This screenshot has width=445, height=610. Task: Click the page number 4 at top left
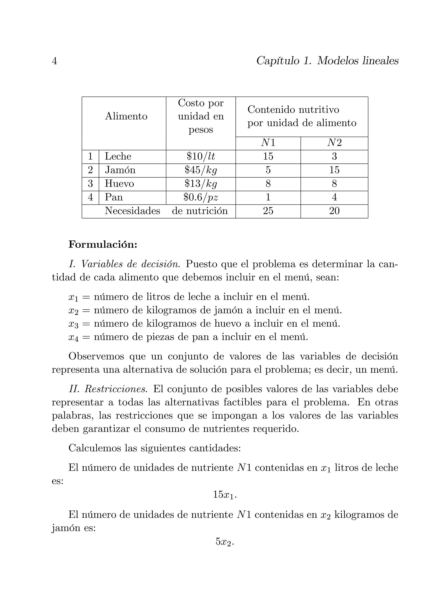click(54, 61)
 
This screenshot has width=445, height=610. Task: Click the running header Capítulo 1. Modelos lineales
click(327, 61)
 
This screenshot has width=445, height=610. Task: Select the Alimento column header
click(126, 116)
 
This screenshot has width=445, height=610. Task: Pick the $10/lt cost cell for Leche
click(201, 157)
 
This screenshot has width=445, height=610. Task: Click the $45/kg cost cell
click(201, 170)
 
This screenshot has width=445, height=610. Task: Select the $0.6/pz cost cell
click(201, 198)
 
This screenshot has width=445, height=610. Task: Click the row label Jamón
click(120, 170)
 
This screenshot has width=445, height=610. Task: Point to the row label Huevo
click(119, 184)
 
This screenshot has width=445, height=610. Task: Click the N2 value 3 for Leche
click(334, 157)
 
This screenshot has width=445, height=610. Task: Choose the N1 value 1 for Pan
click(268, 198)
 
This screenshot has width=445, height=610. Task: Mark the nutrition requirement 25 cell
click(268, 211)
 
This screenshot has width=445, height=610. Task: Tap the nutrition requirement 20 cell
click(334, 211)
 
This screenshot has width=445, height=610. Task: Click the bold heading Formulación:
click(103, 245)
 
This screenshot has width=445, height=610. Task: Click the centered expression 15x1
click(224, 495)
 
